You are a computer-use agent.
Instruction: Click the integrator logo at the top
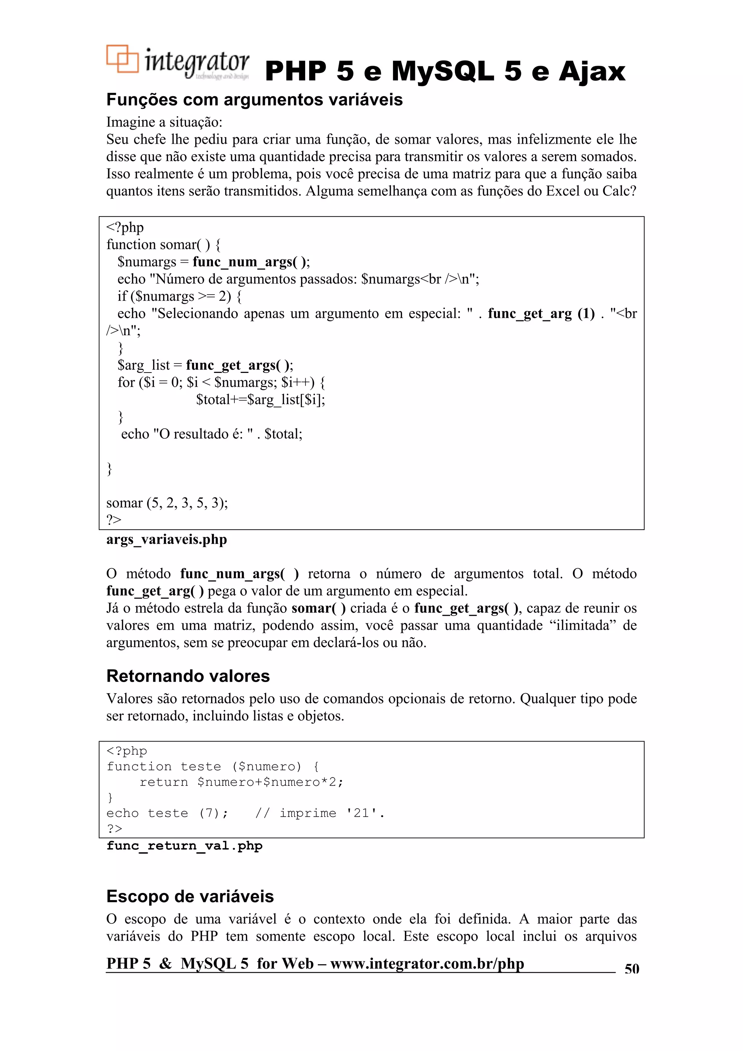coord(178,63)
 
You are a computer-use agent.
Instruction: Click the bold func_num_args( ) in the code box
coord(250,262)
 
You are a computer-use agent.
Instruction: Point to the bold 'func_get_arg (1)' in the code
coord(541,313)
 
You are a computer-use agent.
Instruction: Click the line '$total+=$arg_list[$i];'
coord(260,400)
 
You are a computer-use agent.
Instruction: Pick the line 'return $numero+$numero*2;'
coord(241,782)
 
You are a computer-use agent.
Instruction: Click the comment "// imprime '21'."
coord(320,813)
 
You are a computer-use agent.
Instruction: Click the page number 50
coord(631,969)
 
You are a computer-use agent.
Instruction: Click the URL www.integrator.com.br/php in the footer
coord(427,964)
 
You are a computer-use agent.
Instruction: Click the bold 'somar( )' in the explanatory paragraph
coord(319,608)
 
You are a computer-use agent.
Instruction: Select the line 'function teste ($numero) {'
coord(213,766)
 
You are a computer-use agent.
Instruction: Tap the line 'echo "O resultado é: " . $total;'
coord(212,434)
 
